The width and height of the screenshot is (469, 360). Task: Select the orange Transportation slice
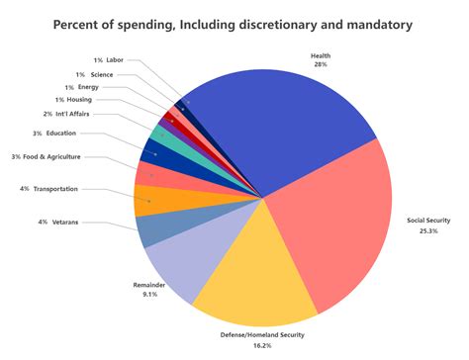coord(150,199)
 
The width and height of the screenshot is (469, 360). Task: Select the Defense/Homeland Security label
coord(262,336)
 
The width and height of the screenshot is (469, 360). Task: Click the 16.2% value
coord(262,348)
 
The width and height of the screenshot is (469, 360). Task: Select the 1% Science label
coord(95,74)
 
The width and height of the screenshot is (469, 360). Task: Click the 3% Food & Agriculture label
coord(47,156)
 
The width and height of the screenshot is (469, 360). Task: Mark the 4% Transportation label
coord(48,188)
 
